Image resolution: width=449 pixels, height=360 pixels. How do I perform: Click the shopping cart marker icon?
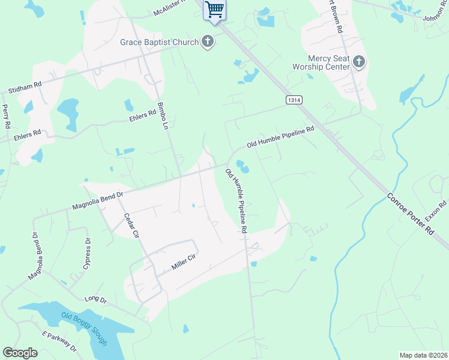pyautogui.click(x=214, y=10)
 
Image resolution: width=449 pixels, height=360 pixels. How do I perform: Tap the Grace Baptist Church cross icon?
pyautogui.click(x=208, y=42)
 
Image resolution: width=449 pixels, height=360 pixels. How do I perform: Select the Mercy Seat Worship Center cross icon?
pyautogui.click(x=358, y=61)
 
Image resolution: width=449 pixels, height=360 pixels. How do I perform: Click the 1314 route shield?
pyautogui.click(x=294, y=101)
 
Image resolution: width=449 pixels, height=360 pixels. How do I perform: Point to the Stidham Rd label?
pyautogui.click(x=25, y=89)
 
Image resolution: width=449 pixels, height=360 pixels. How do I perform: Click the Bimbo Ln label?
pyautogui.click(x=161, y=115)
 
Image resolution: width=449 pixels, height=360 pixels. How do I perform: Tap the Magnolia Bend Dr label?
pyautogui.click(x=97, y=200)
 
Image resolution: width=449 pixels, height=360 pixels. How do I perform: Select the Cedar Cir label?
pyautogui.click(x=131, y=226)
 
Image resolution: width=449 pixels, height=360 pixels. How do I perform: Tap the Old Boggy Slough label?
pyautogui.click(x=85, y=328)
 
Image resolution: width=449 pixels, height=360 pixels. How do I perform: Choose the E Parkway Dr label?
pyautogui.click(x=59, y=340)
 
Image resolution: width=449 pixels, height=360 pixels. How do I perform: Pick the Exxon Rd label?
pyautogui.click(x=436, y=211)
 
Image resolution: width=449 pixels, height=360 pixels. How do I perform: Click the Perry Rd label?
pyautogui.click(x=7, y=116)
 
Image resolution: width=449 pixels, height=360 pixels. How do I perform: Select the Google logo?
pyautogui.click(x=20, y=353)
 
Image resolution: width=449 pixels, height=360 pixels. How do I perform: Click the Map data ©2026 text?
pyautogui.click(x=423, y=355)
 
